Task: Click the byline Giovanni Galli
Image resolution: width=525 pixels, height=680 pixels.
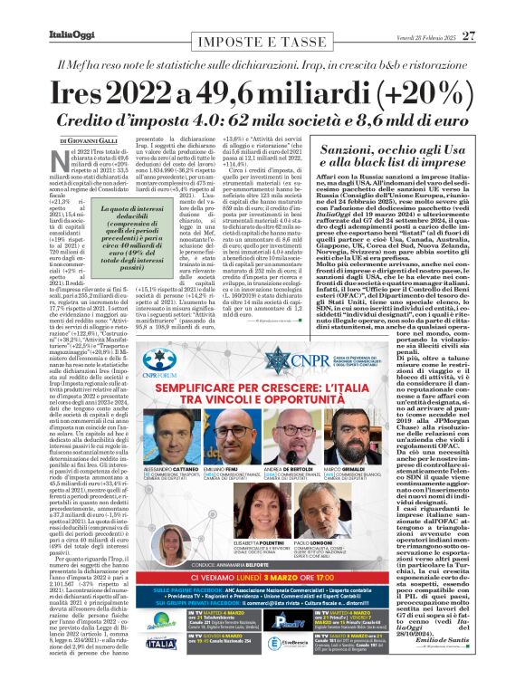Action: click(89, 141)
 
